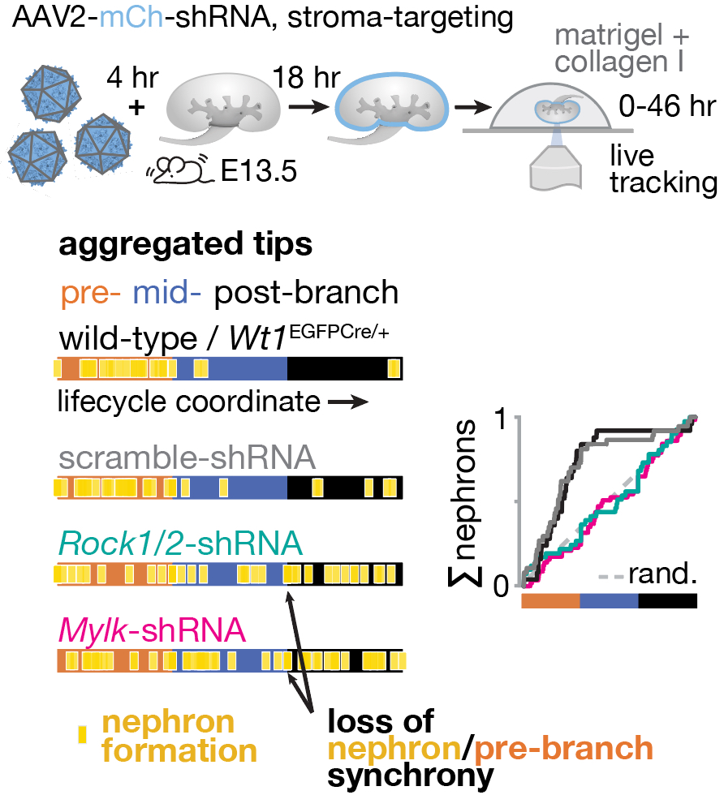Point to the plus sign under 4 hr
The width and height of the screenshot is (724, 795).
pyautogui.click(x=138, y=107)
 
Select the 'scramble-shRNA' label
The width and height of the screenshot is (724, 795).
pyautogui.click(x=186, y=458)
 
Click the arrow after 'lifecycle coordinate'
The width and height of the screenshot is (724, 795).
pyautogui.click(x=348, y=403)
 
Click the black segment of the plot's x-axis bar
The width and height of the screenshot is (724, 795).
pyautogui.click(x=667, y=601)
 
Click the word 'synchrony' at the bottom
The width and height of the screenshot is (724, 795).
pyautogui.click(x=410, y=776)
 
